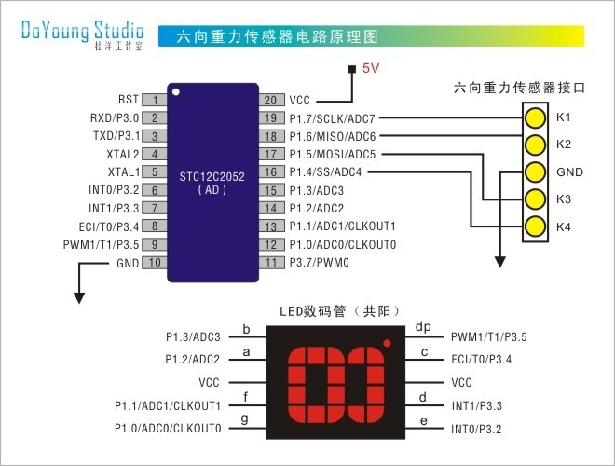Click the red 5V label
pyautogui.click(x=371, y=68)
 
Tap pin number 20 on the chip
pyautogui.click(x=270, y=100)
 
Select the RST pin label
pyautogui.click(x=129, y=100)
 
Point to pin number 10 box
pyautogui.click(x=154, y=264)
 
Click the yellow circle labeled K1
pyautogui.click(x=534, y=118)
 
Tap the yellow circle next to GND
pyautogui.click(x=534, y=172)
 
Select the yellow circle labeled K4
pyautogui.click(x=534, y=226)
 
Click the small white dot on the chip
pyautogui.click(x=174, y=93)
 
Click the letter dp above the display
pyautogui.click(x=423, y=327)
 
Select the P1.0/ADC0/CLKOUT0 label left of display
pyautogui.click(x=168, y=428)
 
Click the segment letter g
pyautogui.click(x=246, y=419)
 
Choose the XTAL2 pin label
pyautogui.click(x=123, y=155)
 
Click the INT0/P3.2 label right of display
pyautogui.click(x=476, y=429)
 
